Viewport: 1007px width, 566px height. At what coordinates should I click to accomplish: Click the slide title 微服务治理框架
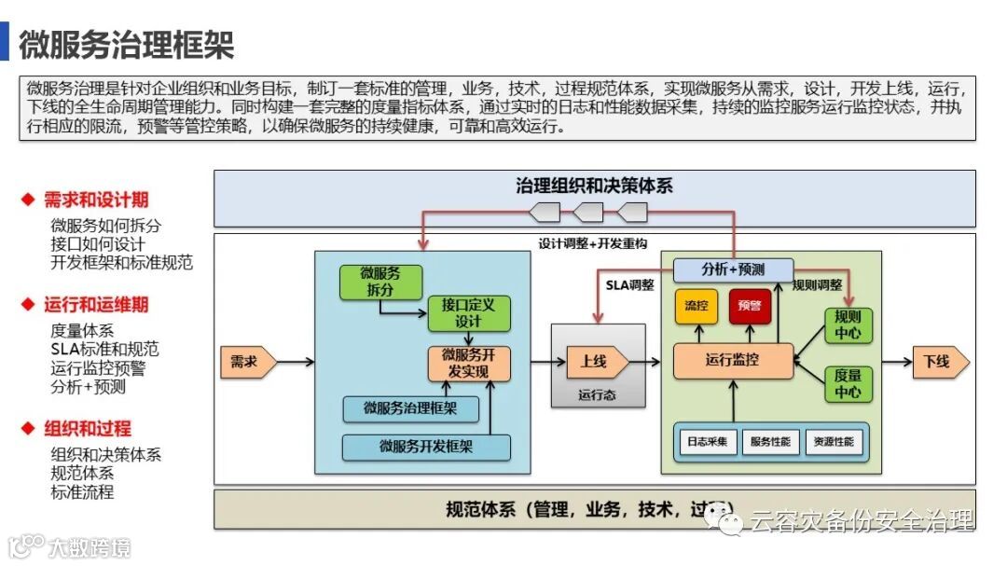tap(127, 43)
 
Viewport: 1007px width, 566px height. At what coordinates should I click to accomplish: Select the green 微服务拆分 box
tap(380, 281)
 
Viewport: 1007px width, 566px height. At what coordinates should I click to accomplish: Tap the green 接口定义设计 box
tap(469, 313)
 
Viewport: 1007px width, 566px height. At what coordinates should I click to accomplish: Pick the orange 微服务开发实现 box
tap(469, 363)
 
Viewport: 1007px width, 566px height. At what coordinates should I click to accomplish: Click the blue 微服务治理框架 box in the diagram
tap(410, 408)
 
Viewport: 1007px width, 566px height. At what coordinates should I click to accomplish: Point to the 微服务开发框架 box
tap(426, 447)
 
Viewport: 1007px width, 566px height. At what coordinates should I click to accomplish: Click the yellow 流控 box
tap(696, 306)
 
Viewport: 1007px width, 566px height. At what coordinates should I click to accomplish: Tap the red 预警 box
tap(750, 306)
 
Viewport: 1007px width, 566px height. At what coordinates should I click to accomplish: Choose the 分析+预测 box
tap(733, 269)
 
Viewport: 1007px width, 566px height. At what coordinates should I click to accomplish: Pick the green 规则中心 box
tap(848, 324)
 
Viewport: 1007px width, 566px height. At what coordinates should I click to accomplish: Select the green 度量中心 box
tap(848, 383)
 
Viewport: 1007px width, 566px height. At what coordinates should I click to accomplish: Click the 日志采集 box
tap(707, 442)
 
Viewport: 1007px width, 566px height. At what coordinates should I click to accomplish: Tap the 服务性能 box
tap(770, 442)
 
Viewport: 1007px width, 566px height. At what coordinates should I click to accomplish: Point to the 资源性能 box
tap(833, 442)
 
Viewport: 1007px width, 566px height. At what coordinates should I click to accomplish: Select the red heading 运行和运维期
tap(96, 305)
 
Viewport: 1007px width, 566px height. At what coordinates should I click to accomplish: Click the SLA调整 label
tap(630, 284)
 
